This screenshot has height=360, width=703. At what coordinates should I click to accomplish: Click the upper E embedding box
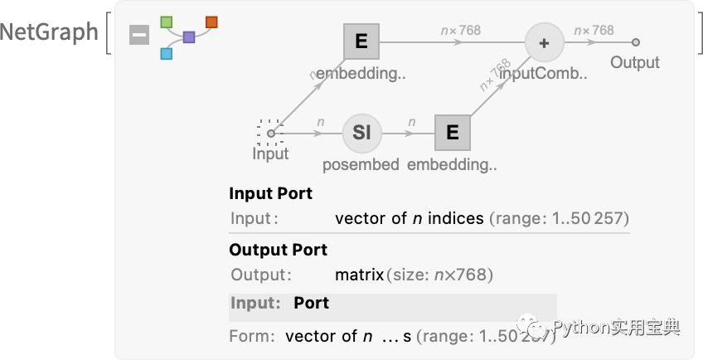pyautogui.click(x=361, y=41)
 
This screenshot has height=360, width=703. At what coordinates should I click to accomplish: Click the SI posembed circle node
pyautogui.click(x=361, y=133)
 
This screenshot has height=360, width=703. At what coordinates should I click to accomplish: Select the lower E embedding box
pyautogui.click(x=453, y=133)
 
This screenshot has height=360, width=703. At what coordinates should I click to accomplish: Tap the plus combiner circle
pyautogui.click(x=544, y=42)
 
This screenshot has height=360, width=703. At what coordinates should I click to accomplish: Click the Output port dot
pyautogui.click(x=635, y=41)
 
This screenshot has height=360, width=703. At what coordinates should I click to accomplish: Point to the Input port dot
pyautogui.click(x=270, y=133)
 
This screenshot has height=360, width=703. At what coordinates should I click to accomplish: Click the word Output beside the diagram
pyautogui.click(x=635, y=63)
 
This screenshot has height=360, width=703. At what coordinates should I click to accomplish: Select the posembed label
pyautogui.click(x=361, y=165)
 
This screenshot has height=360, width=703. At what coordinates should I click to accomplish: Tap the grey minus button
pyautogui.click(x=139, y=35)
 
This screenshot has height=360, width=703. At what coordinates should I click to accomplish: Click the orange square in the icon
pyautogui.click(x=211, y=22)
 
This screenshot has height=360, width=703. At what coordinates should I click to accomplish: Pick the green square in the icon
pyautogui.click(x=166, y=22)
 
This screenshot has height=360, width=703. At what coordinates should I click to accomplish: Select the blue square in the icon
pyautogui.click(x=166, y=54)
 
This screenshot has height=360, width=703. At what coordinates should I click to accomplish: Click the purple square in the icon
pyautogui.click(x=189, y=37)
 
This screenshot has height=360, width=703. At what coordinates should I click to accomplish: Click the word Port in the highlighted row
pyautogui.click(x=311, y=304)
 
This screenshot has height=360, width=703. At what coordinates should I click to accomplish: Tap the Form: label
pyautogui.click(x=252, y=337)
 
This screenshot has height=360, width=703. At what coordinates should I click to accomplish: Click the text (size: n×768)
pyautogui.click(x=439, y=275)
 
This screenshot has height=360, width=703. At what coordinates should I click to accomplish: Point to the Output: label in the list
pyautogui.click(x=261, y=275)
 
